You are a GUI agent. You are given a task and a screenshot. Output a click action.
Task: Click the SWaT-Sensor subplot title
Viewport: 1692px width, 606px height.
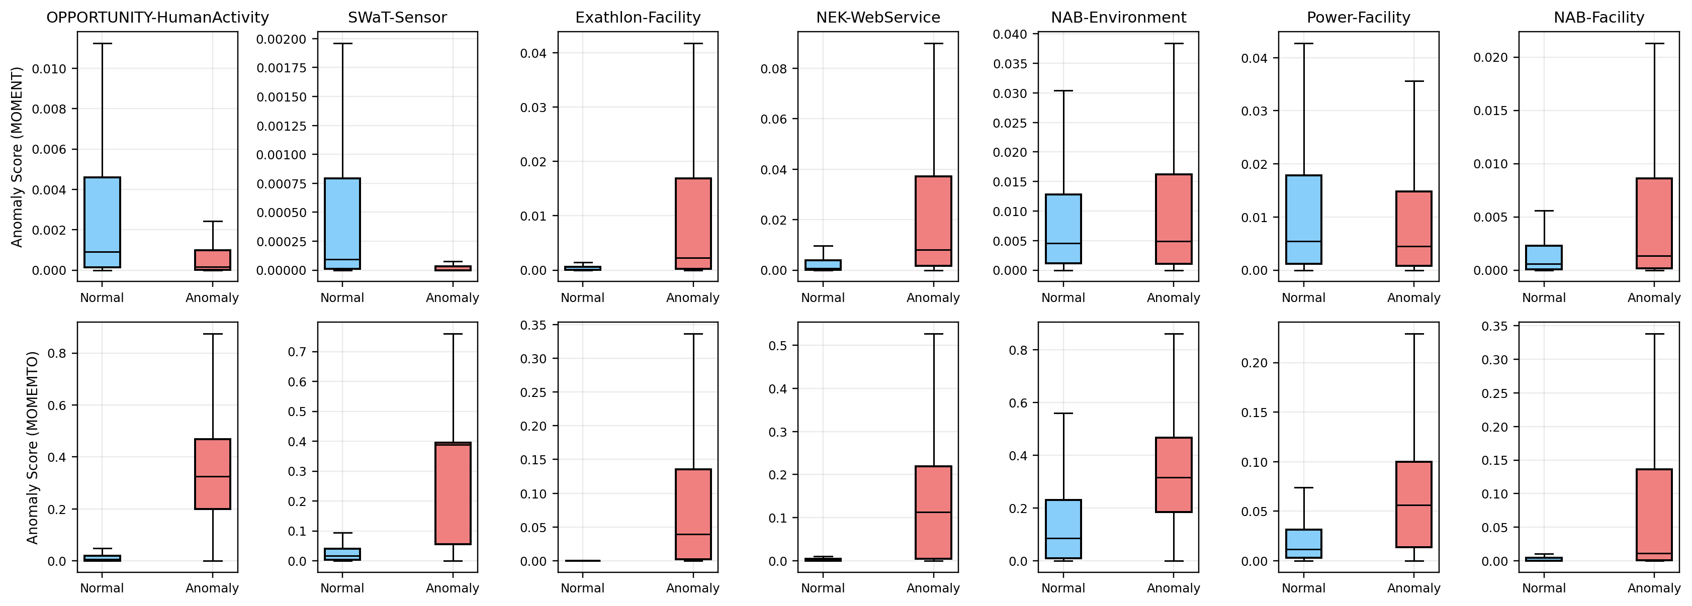tap(397, 18)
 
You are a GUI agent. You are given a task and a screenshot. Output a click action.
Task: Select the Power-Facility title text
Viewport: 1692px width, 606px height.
tap(1358, 18)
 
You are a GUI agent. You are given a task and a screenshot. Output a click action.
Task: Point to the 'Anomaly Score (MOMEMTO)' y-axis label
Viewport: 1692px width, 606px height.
tap(32, 448)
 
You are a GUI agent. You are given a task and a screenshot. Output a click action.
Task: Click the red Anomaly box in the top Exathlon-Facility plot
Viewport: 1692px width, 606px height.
tap(693, 223)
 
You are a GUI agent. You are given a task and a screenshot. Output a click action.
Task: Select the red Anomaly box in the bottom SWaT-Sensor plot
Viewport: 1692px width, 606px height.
tap(453, 492)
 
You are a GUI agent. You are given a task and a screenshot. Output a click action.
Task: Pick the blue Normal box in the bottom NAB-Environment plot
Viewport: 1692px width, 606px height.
tap(1063, 529)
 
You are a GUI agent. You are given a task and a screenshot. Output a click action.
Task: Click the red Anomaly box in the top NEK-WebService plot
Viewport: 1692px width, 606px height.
tap(933, 221)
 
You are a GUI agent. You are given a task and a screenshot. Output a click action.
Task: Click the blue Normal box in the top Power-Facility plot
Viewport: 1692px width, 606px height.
tap(1304, 219)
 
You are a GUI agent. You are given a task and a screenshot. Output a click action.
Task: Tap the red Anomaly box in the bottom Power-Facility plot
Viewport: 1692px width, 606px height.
tap(1414, 504)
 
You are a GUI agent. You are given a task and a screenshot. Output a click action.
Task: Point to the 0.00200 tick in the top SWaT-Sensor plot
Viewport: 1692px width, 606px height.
tap(281, 39)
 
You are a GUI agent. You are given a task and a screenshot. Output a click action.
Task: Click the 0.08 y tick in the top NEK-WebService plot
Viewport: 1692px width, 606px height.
tap(773, 69)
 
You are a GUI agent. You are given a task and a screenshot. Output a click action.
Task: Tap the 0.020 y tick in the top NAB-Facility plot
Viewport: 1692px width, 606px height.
tap(1495, 58)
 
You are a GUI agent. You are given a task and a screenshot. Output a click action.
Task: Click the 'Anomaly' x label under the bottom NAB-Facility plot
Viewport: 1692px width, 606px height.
tap(1654, 588)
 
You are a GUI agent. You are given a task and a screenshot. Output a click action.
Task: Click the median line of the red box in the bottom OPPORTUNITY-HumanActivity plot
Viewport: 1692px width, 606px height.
tap(213, 477)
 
